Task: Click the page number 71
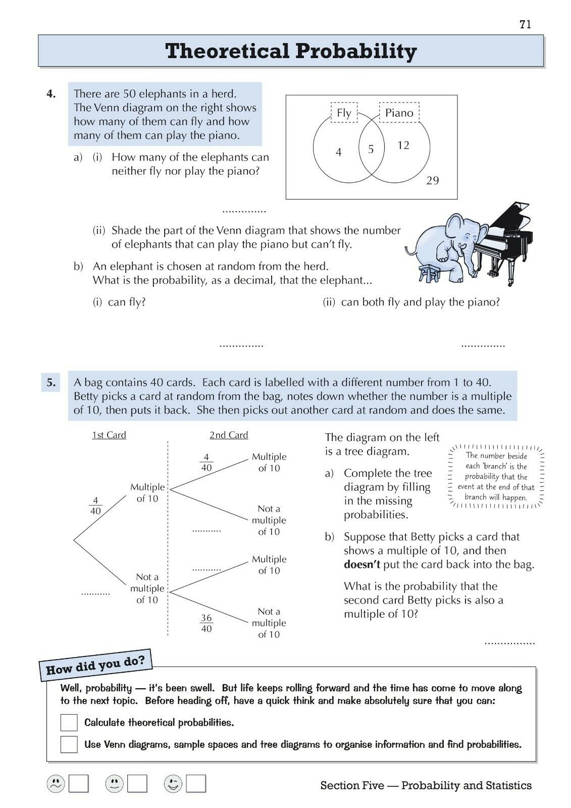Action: (525, 24)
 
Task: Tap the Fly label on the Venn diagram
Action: (344, 113)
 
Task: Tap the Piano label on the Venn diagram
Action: (399, 113)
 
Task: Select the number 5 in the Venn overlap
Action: (371, 149)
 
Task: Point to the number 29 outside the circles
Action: (433, 181)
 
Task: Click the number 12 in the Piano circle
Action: (403, 145)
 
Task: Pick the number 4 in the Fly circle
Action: (339, 152)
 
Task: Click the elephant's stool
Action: (429, 273)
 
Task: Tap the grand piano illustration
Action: (505, 237)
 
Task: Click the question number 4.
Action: (51, 93)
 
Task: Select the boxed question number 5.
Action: (51, 382)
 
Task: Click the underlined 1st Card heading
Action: (109, 435)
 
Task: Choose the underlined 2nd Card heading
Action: (229, 435)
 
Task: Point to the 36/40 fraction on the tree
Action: (206, 623)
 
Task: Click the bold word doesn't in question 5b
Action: (361, 564)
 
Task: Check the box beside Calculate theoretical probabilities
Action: (69, 723)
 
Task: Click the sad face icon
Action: (56, 784)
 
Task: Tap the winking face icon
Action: (173, 784)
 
